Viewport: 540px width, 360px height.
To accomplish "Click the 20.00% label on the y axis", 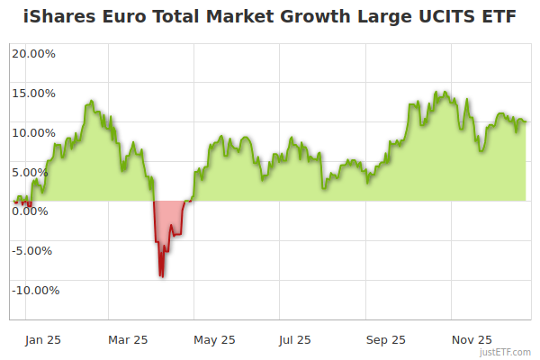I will coord(33,53).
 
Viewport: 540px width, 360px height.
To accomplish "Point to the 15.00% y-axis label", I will coord(33,93).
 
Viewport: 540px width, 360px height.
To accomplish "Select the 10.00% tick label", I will coord(33,132).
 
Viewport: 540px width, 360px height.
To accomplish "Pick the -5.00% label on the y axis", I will coord(34,251).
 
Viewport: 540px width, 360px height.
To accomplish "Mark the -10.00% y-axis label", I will coord(34,291).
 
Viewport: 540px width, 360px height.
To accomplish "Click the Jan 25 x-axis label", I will coord(43,339).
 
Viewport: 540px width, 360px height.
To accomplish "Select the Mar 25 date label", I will coord(128,339).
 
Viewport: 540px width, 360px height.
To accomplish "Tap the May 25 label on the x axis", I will coord(214,339).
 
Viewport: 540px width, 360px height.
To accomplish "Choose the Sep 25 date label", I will coord(385,339).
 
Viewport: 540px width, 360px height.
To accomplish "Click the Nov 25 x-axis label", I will coord(472,339).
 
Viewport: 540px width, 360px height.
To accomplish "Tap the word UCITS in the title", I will coord(450,17).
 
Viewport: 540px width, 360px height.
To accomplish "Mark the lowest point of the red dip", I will coord(161,276).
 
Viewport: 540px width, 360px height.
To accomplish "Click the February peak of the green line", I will coord(90,103).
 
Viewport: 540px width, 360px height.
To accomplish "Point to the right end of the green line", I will coord(526,121).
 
